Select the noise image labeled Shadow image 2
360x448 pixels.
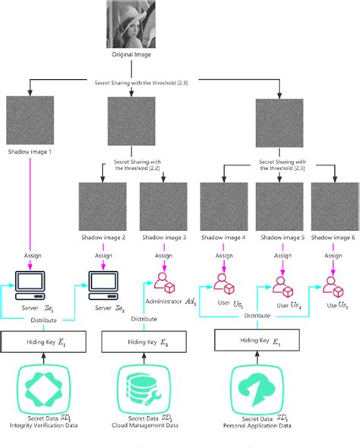[x=103, y=208]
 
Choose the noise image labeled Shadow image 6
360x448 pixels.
[x=333, y=208]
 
